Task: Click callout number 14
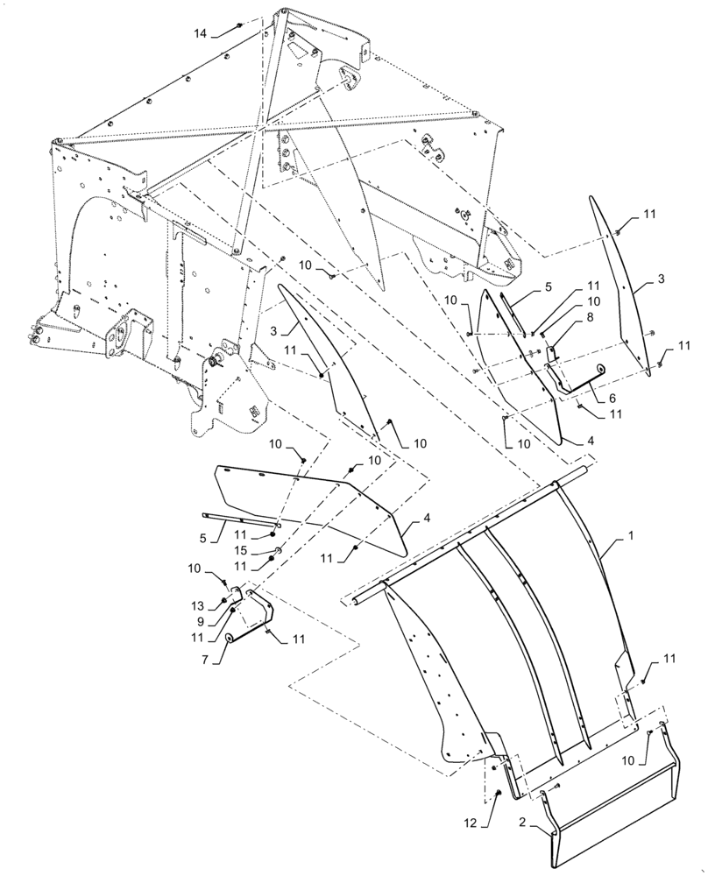pos(201,32)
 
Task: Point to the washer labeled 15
pos(277,550)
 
